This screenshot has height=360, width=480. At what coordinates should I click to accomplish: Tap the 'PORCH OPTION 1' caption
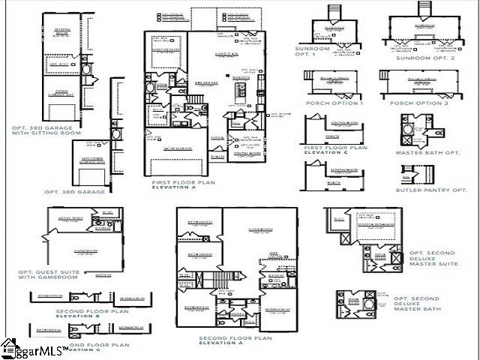click(333, 103)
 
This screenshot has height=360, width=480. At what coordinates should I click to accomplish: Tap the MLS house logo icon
click(9, 347)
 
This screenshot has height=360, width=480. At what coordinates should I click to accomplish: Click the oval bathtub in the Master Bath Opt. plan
click(409, 137)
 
